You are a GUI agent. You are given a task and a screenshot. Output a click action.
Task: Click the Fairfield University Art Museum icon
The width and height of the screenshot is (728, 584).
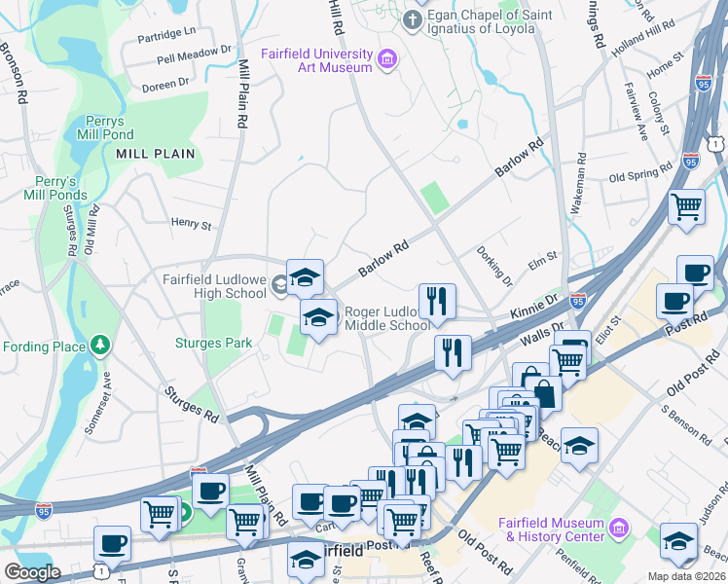pos(387,59)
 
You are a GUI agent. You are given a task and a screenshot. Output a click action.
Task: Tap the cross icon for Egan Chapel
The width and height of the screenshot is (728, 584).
pos(415,20)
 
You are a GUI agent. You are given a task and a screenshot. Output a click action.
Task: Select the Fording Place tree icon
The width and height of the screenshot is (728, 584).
pos(98,346)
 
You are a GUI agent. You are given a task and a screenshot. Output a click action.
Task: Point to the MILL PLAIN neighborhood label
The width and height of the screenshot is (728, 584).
pos(156,154)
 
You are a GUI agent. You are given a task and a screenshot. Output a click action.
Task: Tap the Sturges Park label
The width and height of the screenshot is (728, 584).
pos(213,343)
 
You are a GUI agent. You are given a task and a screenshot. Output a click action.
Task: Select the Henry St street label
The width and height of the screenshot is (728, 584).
pos(192,225)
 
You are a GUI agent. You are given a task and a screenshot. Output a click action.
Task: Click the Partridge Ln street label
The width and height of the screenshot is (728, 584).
pos(168,32)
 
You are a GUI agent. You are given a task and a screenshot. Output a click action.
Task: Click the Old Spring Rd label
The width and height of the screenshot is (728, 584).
pos(640,177)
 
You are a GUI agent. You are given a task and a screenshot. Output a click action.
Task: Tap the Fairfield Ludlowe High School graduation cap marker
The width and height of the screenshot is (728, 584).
pos(305,277)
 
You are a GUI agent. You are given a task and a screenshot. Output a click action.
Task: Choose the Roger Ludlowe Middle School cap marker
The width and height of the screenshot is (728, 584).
pos(318,317)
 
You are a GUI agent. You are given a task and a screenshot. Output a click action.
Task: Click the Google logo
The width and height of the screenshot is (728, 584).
pos(32,572)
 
